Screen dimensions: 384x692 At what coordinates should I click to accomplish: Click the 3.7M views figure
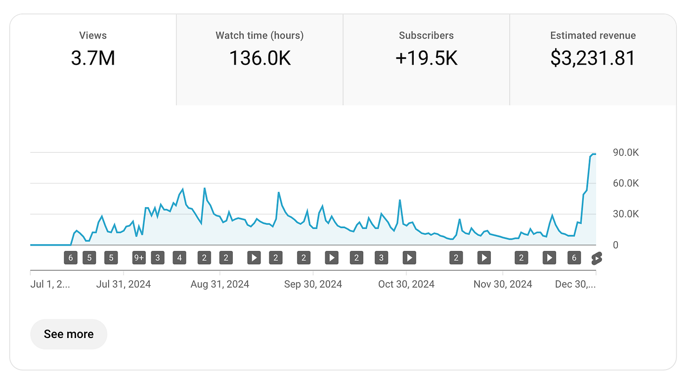point(93,58)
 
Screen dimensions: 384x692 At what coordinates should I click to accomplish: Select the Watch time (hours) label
point(259,36)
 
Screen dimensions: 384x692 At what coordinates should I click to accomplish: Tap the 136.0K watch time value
point(259,58)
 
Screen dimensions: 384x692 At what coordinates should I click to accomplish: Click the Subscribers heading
point(426,36)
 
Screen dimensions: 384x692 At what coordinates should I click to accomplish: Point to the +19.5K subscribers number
point(426,58)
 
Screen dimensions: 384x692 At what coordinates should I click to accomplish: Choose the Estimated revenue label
point(593,36)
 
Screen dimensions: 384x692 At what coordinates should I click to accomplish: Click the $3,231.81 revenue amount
point(593,58)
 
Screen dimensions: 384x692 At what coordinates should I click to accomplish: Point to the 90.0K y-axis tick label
point(626,153)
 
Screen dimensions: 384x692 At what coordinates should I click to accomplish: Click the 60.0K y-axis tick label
point(626,183)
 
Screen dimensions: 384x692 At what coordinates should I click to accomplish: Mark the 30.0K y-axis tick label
point(626,214)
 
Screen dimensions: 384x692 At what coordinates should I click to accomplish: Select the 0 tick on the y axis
point(615,245)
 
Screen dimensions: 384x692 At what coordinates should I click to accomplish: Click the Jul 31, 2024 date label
point(124,284)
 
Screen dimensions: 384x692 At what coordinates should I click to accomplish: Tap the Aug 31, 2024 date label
point(220,284)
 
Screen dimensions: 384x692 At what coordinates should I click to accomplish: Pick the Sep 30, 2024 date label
point(313,284)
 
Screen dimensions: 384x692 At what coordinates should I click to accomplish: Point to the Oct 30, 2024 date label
point(406,284)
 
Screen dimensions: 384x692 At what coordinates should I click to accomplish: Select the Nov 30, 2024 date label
point(503,284)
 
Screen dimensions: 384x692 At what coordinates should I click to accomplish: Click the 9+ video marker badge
point(139,257)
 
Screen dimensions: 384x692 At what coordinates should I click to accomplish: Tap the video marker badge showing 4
point(179,257)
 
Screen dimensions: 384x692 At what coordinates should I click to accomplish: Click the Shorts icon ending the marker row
point(596,257)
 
